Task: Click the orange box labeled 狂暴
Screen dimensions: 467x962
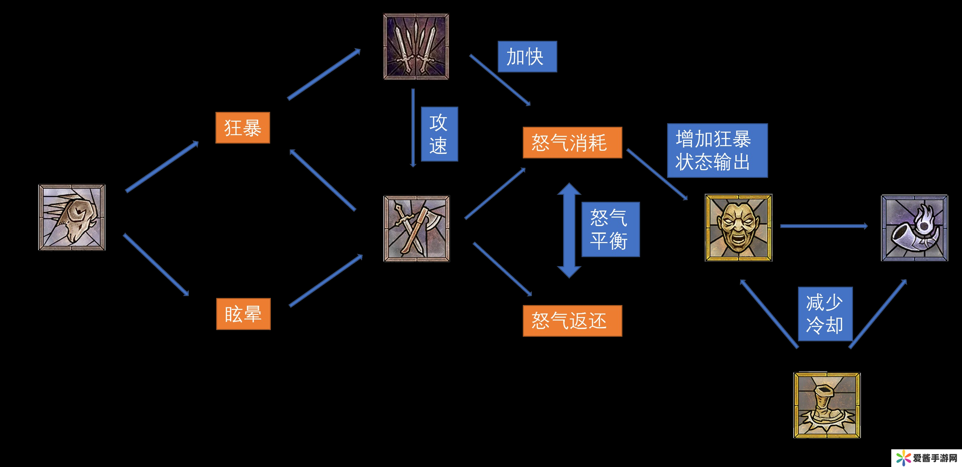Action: [242, 128]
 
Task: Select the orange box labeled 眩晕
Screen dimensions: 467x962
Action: [243, 314]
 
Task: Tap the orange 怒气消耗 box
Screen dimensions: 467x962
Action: [572, 143]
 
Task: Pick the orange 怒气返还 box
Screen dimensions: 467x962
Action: [572, 321]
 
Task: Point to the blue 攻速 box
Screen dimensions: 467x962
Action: [439, 134]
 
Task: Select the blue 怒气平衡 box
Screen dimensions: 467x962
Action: [610, 229]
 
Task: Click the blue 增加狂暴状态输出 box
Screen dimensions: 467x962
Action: [717, 150]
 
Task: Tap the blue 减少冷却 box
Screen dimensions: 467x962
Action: [825, 314]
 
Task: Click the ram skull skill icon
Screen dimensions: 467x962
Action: [72, 218]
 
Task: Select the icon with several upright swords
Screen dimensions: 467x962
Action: [416, 47]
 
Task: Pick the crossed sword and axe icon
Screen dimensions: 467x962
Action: [417, 229]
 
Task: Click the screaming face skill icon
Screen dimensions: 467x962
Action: [738, 227]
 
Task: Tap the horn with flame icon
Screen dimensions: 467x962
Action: [914, 228]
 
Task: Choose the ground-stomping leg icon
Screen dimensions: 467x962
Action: [827, 405]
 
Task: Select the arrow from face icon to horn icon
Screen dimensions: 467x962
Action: [823, 226]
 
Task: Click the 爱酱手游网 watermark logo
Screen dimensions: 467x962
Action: [926, 458]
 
